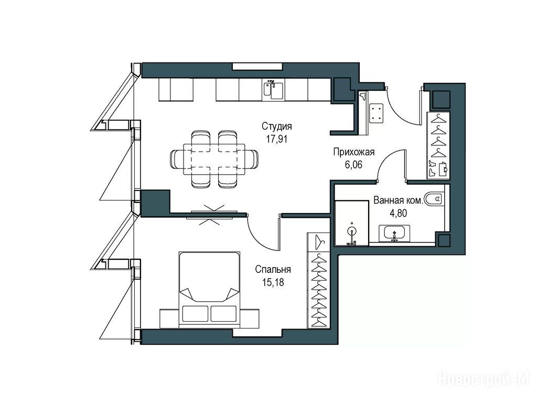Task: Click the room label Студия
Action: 277,126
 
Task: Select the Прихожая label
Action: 354,152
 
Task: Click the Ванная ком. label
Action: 399,200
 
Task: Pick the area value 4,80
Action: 399,213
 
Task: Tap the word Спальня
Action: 273,269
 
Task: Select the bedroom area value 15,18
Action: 273,282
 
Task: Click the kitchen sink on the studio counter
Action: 273,90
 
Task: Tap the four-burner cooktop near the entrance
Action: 377,113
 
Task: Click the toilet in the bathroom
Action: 434,198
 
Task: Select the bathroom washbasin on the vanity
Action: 394,234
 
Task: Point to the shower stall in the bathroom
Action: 351,224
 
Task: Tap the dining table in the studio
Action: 214,160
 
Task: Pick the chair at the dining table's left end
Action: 177,160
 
